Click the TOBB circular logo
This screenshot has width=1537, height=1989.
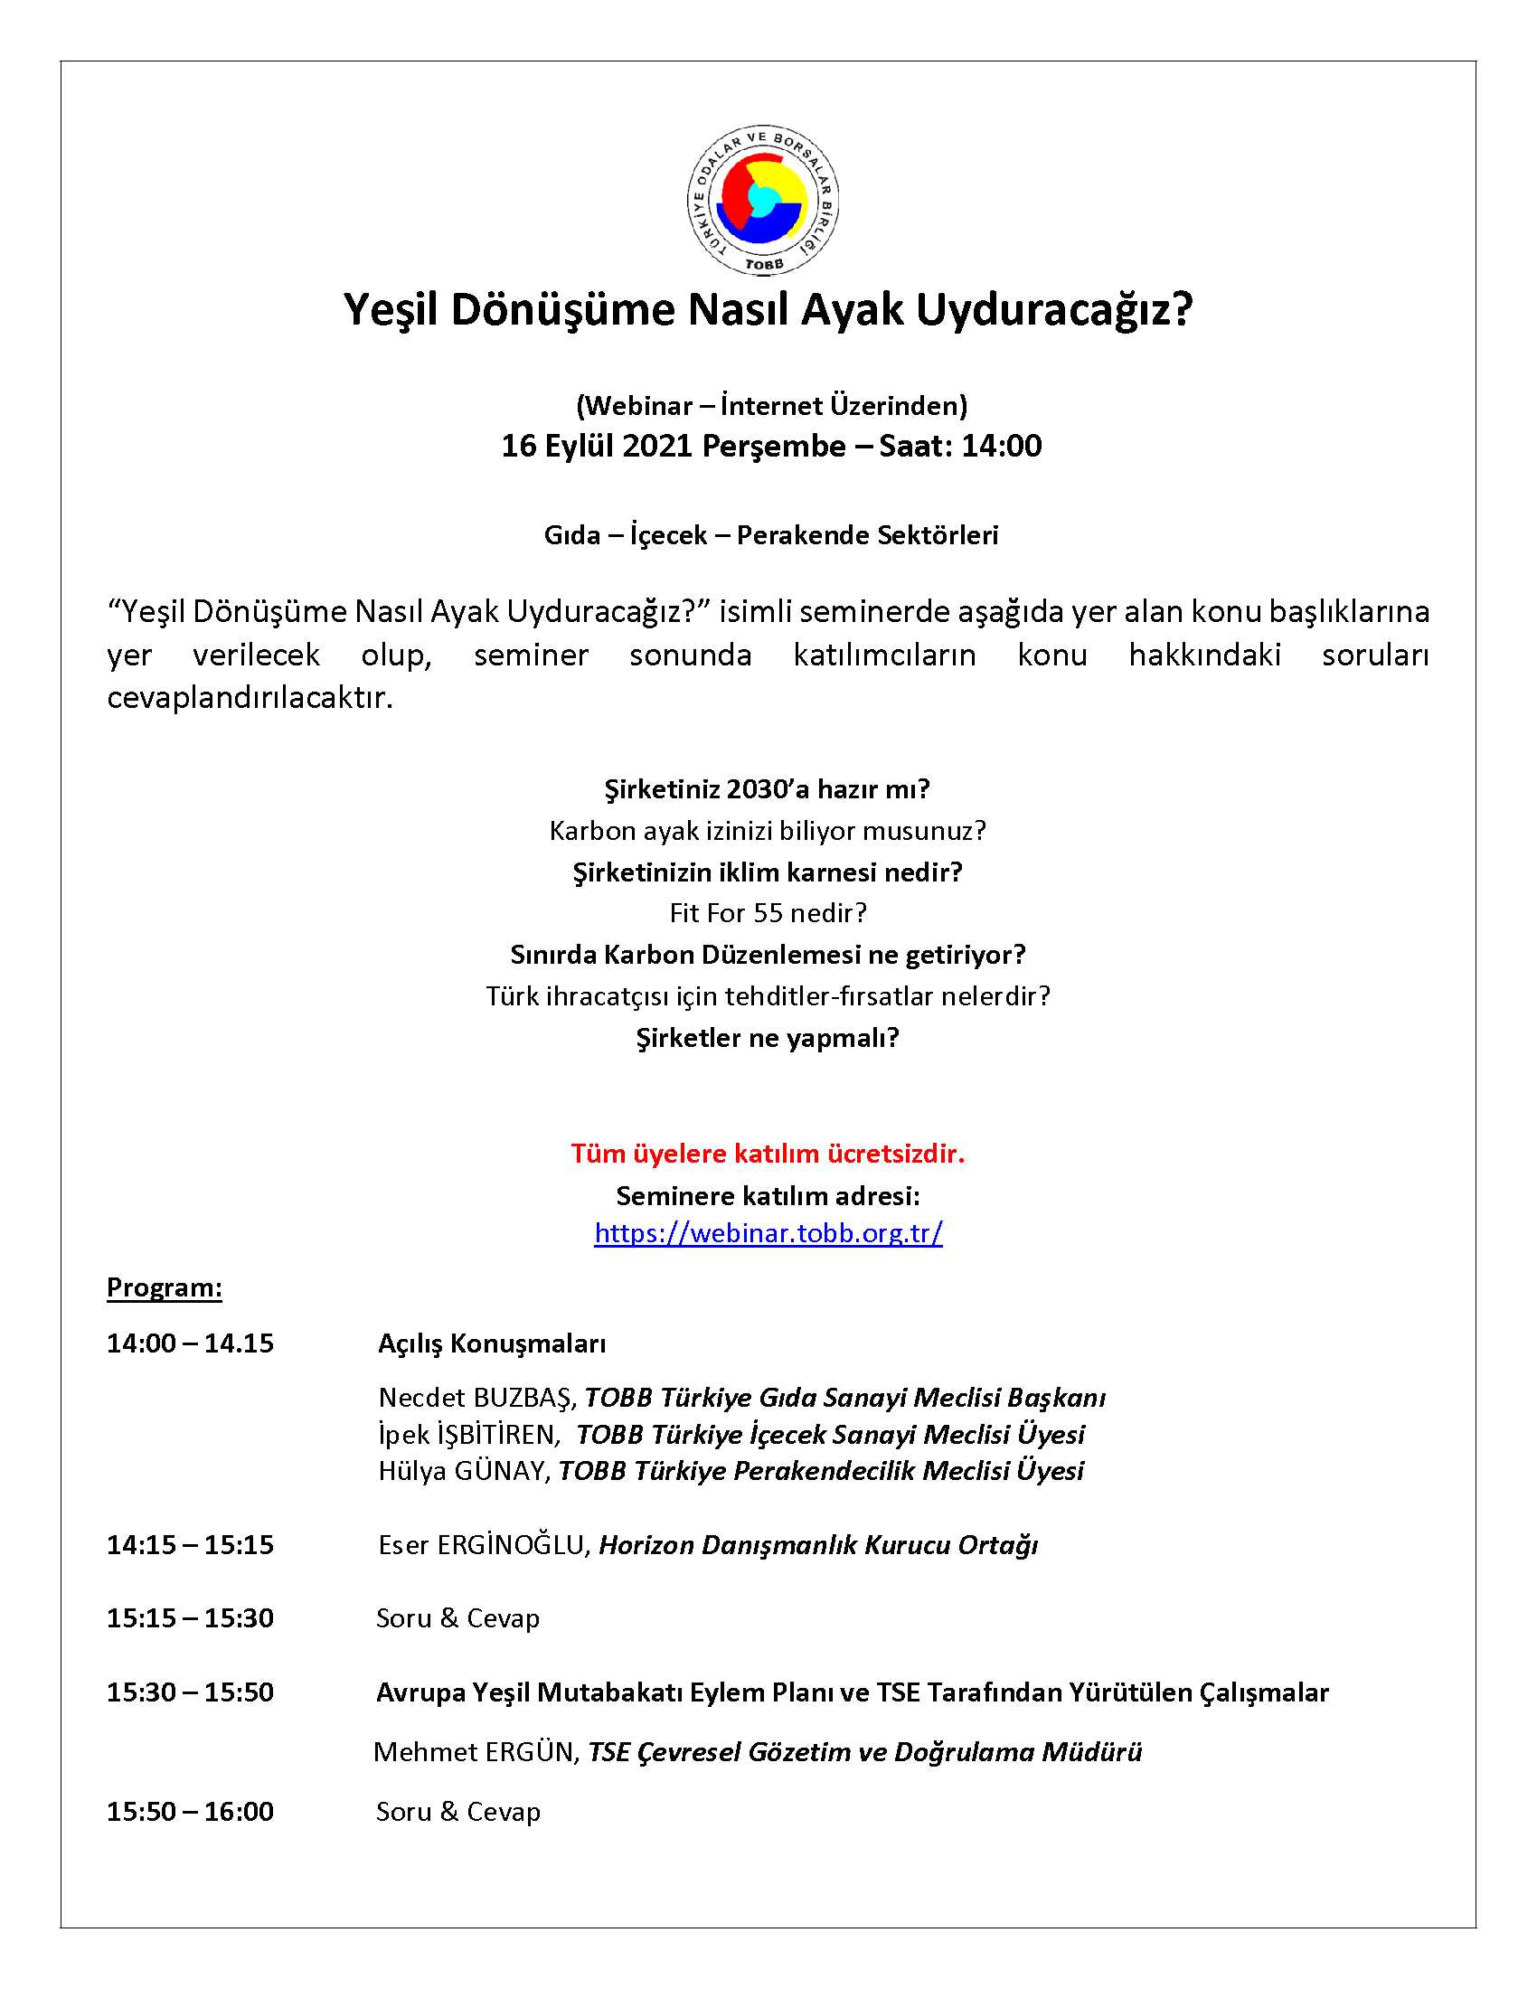click(x=763, y=201)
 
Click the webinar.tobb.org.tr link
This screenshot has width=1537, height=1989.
click(x=768, y=1232)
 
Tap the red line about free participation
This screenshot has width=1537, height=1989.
click(x=768, y=1154)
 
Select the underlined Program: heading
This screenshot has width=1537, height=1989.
click(x=164, y=1287)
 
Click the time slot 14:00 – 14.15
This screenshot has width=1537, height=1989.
click(x=189, y=1343)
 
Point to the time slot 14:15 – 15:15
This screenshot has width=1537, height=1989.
click(x=189, y=1544)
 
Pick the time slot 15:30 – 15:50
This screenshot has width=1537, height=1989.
click(x=189, y=1692)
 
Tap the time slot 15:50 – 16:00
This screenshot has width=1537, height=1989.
click(x=189, y=1812)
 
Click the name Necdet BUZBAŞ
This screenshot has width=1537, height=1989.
click(x=476, y=1398)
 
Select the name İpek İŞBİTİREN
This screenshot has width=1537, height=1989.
click(x=467, y=1435)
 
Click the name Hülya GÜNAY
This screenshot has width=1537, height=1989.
click(x=463, y=1471)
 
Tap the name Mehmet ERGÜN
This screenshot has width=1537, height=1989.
click(x=476, y=1751)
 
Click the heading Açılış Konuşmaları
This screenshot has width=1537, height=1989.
click(x=492, y=1343)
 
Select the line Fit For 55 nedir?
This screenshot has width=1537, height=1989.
click(x=768, y=912)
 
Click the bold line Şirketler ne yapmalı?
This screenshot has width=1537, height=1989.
click(x=768, y=1037)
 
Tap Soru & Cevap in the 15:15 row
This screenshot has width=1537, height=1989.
click(x=458, y=1618)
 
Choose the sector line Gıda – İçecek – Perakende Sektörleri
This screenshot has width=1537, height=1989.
click(x=770, y=534)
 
